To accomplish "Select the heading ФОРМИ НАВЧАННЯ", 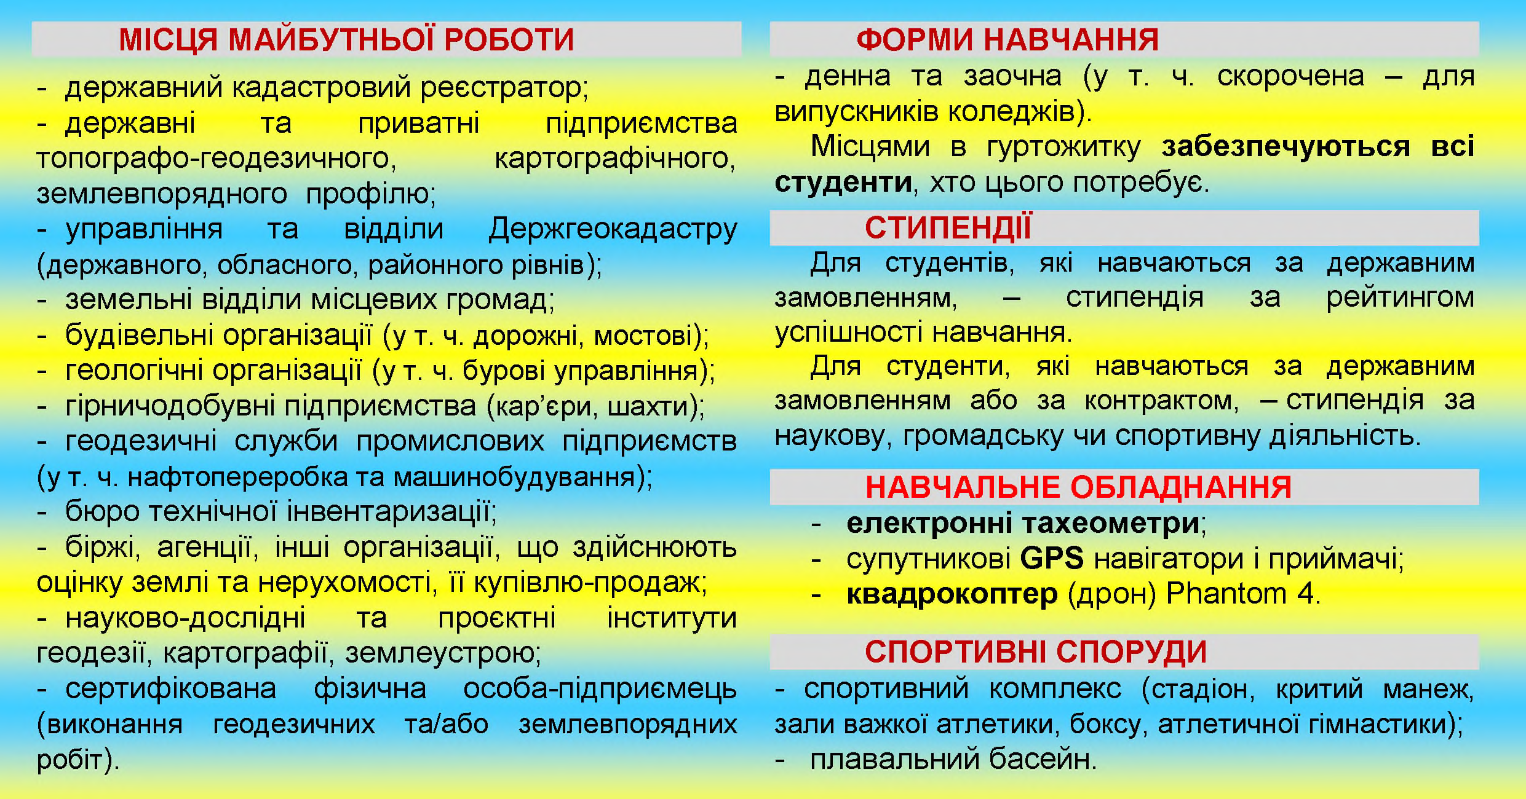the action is pyautogui.click(x=1007, y=40).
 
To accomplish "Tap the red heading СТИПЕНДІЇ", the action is pyautogui.click(x=948, y=227).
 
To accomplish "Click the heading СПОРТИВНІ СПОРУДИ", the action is pyautogui.click(x=1036, y=651).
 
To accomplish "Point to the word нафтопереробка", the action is pyautogui.click(x=238, y=478).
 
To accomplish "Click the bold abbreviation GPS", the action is pyautogui.click(x=1052, y=559).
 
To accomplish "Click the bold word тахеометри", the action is pyautogui.click(x=1110, y=524).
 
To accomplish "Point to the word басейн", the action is pyautogui.click(x=1043, y=759).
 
